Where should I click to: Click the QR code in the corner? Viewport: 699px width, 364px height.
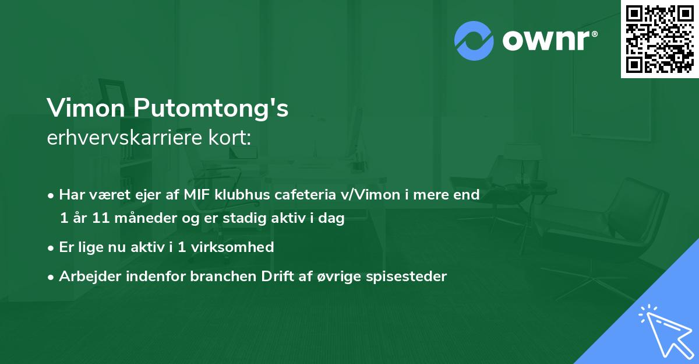pos(660,38)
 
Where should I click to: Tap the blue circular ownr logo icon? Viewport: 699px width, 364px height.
pos(474,41)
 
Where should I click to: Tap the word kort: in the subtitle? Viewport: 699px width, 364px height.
pos(232,138)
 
